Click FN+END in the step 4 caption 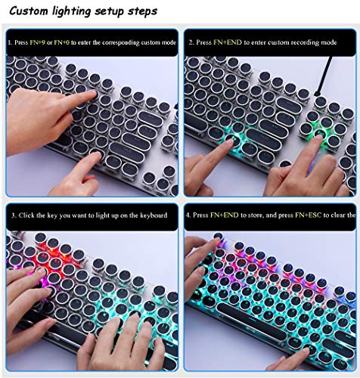pyautogui.click(x=225, y=215)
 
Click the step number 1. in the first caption pyautogui.click(x=9, y=42)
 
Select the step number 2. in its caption pyautogui.click(x=191, y=42)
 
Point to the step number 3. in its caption pyautogui.click(x=13, y=215)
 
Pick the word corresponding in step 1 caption pyautogui.click(x=121, y=42)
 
